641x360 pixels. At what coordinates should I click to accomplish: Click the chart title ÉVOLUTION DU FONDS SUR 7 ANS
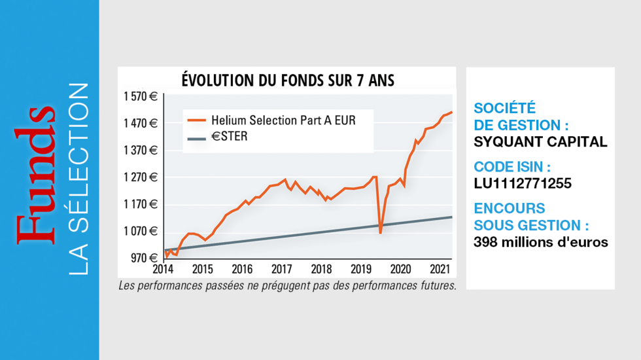(288, 80)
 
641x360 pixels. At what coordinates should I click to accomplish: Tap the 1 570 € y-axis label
(141, 97)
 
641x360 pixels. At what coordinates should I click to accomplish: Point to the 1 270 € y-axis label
(141, 177)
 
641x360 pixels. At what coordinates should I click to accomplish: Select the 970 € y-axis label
(145, 258)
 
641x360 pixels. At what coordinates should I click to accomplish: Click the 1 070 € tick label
(141, 231)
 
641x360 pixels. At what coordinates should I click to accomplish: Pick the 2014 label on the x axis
(163, 269)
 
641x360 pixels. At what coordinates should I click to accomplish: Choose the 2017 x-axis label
(282, 269)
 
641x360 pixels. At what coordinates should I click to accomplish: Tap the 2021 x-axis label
(440, 269)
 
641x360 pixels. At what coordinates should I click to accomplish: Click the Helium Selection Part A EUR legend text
(283, 120)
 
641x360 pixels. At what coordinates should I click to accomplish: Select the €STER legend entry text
(230, 136)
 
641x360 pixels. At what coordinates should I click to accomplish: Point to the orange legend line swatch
(196, 120)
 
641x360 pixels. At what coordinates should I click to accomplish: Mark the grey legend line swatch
(196, 139)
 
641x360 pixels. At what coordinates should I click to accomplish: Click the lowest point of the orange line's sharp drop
(380, 233)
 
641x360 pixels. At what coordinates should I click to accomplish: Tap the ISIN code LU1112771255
(523, 183)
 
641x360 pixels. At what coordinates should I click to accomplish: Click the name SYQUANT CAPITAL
(540, 141)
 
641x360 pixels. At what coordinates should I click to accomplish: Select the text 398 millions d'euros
(541, 242)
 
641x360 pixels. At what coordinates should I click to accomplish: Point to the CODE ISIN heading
(512, 166)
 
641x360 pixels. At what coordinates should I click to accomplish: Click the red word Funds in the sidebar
(35, 175)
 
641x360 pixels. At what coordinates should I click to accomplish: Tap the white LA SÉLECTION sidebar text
(78, 179)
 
